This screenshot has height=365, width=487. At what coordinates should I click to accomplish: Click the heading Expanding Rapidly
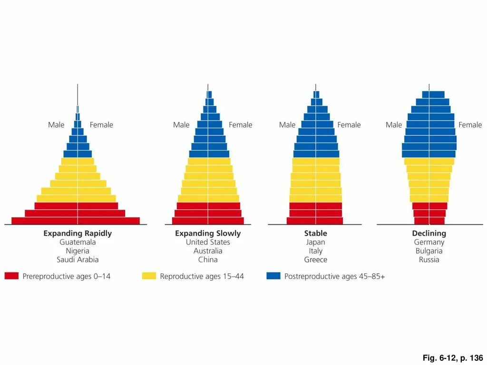pos(78,233)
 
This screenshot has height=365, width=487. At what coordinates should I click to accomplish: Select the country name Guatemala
pos(78,242)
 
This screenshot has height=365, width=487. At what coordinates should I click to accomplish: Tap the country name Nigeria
pos(78,251)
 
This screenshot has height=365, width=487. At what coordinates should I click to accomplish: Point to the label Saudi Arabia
pos(78,260)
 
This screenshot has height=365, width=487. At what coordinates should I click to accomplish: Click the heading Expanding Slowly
pos(208,233)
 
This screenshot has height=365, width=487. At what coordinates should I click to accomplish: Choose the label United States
pos(208,242)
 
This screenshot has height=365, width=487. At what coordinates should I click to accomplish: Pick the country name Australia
pos(208,251)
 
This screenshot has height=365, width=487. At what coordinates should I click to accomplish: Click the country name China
pos(208,260)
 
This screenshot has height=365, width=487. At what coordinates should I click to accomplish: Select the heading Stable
pos(315,233)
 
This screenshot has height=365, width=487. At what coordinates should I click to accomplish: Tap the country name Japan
pos(315,242)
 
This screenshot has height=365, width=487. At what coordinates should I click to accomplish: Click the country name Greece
pos(315,260)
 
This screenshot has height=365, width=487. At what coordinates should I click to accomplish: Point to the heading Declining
pos(429,233)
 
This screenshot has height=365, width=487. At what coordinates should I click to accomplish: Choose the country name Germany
pos(429,242)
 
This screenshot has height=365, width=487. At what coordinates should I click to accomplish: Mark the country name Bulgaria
pos(429,251)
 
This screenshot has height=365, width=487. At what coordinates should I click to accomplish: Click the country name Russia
pos(429,260)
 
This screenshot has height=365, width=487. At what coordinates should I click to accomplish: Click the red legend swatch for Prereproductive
pos(11,276)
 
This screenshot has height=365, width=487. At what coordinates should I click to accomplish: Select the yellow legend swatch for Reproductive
pos(149,276)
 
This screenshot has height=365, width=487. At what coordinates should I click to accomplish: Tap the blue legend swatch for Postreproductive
pos(273,276)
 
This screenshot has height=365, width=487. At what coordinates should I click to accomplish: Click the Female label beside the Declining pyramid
pos(470,125)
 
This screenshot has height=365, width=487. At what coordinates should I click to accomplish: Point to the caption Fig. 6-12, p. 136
pos(452,358)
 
